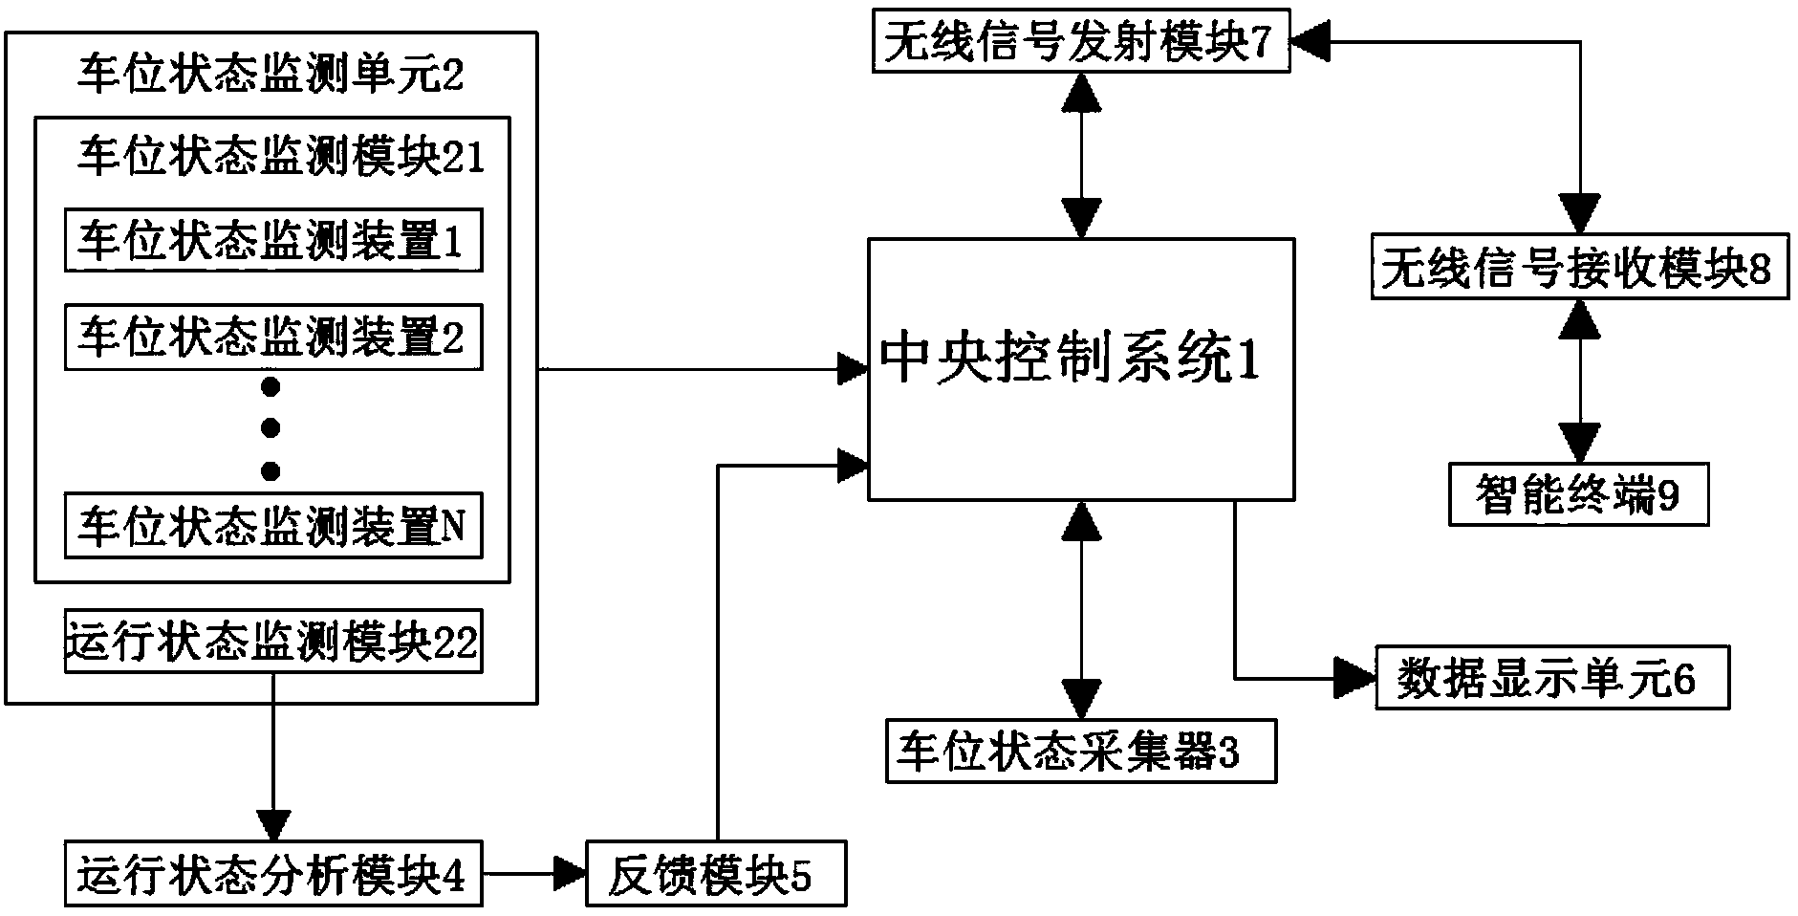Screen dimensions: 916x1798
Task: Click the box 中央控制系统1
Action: click(1081, 368)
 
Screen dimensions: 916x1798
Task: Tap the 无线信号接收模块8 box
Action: click(1579, 272)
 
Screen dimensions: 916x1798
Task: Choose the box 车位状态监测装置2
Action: click(273, 338)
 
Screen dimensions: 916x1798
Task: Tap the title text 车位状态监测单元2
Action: click(271, 75)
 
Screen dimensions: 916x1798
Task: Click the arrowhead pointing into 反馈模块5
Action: click(571, 872)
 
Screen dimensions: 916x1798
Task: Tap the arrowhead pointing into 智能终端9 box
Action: click(1579, 445)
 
